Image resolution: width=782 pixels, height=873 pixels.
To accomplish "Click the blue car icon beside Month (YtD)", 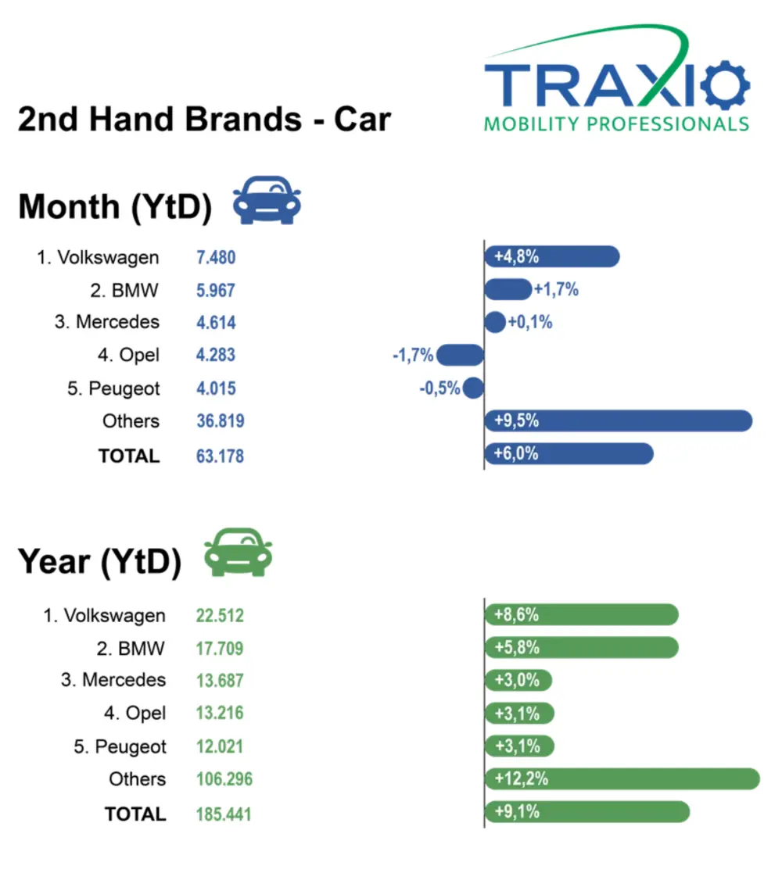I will pyautogui.click(x=267, y=201).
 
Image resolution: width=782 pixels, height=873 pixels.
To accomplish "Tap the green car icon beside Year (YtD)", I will pyautogui.click(x=238, y=553).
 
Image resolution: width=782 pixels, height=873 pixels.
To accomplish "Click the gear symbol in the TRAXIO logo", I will pyautogui.click(x=725, y=84).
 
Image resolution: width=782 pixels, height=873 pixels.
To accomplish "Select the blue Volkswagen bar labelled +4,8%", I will pyautogui.click(x=552, y=256).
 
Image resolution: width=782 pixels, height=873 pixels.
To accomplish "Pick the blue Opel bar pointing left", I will pyautogui.click(x=461, y=356).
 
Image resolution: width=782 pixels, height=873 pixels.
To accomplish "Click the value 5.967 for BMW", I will pyautogui.click(x=216, y=290).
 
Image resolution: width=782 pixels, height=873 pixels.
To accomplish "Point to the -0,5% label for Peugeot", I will pyautogui.click(x=439, y=388).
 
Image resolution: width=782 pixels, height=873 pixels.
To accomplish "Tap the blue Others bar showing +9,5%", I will pyautogui.click(x=618, y=420).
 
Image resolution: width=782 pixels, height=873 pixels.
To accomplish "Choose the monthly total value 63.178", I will pyautogui.click(x=220, y=456).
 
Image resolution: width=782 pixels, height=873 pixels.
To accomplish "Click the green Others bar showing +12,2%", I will pyautogui.click(x=622, y=778).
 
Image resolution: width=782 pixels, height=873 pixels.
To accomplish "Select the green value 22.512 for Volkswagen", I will pyautogui.click(x=220, y=616).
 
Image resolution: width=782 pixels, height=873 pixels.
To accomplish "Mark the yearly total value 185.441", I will pyautogui.click(x=224, y=814).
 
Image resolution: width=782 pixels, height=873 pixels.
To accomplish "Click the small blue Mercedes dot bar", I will pyautogui.click(x=495, y=322).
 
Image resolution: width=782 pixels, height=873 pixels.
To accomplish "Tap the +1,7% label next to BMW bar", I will pyautogui.click(x=556, y=290).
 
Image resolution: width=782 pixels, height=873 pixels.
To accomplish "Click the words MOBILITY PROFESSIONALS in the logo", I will pyautogui.click(x=616, y=124).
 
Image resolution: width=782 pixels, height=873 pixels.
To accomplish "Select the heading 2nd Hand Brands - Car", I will pyautogui.click(x=204, y=120).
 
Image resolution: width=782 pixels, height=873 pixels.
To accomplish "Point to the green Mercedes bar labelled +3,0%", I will pyautogui.click(x=518, y=680).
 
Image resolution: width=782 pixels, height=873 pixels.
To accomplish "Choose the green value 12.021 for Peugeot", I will pyautogui.click(x=220, y=746).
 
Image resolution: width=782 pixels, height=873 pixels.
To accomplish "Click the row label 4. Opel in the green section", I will pyautogui.click(x=135, y=713).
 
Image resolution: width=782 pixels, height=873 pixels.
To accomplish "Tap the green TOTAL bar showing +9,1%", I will pyautogui.click(x=586, y=811).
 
